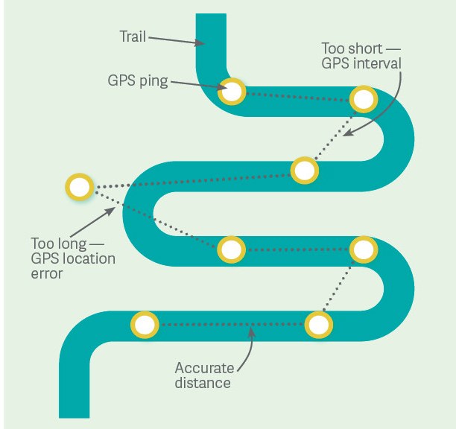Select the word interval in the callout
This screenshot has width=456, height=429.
[x=377, y=64]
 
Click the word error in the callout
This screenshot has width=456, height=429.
[x=47, y=274]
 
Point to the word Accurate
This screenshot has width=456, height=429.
[x=204, y=369]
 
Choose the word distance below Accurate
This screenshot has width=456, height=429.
[x=203, y=384]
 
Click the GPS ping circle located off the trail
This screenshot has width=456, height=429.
[x=78, y=186]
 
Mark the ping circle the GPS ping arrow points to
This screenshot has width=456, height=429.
[x=232, y=92]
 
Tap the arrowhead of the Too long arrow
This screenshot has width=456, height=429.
[x=114, y=209]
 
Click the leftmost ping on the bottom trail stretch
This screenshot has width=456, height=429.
[x=145, y=325]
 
